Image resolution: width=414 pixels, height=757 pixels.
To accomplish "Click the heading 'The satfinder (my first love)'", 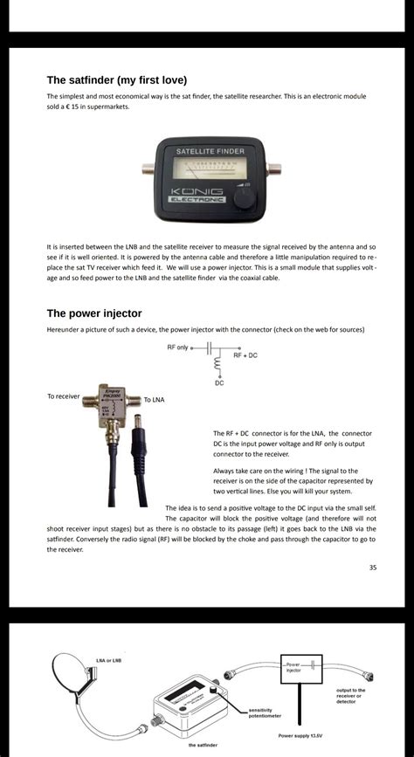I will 116,79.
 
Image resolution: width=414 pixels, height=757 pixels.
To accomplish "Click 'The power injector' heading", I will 93,313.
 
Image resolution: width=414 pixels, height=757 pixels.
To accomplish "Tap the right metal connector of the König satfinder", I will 273,169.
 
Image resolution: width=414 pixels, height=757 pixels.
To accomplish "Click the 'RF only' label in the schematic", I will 176,348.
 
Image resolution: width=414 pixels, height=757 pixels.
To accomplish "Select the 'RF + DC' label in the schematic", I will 245,355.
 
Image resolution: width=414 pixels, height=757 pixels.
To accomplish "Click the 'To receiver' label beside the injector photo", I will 63,396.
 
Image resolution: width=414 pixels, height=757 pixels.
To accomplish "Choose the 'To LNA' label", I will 154,400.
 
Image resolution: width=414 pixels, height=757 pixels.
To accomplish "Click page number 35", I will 372,568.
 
